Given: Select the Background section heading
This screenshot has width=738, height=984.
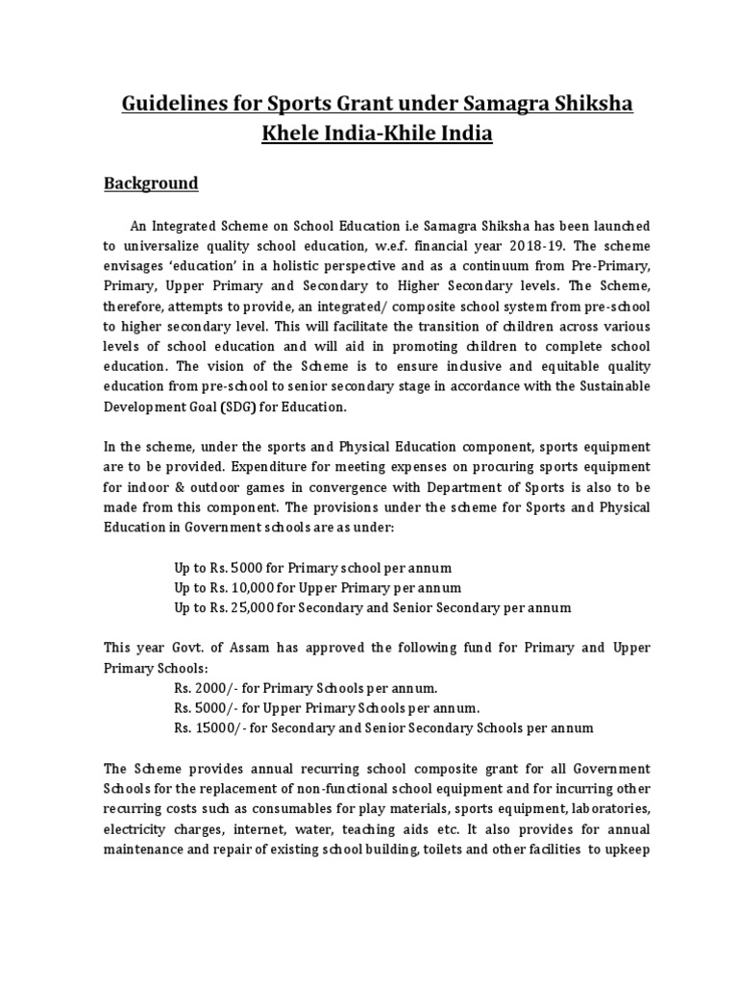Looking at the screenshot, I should [x=151, y=183].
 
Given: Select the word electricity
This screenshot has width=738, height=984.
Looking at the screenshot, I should [x=137, y=810].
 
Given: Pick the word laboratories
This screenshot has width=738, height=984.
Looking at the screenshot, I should [x=608, y=790].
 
